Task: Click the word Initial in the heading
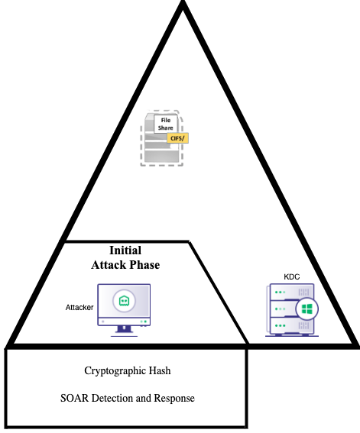(x=125, y=250)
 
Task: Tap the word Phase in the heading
(x=144, y=265)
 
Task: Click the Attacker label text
(x=79, y=307)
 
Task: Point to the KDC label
(x=292, y=277)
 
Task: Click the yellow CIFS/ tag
(x=177, y=138)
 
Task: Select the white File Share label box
(x=166, y=124)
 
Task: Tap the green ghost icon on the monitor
(x=124, y=301)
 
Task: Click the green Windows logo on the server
(x=307, y=309)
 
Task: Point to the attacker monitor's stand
(x=124, y=331)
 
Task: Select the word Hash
(x=160, y=370)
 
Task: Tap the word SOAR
(x=74, y=398)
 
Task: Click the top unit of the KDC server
(x=292, y=292)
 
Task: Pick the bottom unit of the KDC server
(x=292, y=325)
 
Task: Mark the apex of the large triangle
(x=183, y=2)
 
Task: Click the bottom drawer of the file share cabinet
(x=161, y=156)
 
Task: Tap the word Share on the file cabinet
(x=166, y=128)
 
